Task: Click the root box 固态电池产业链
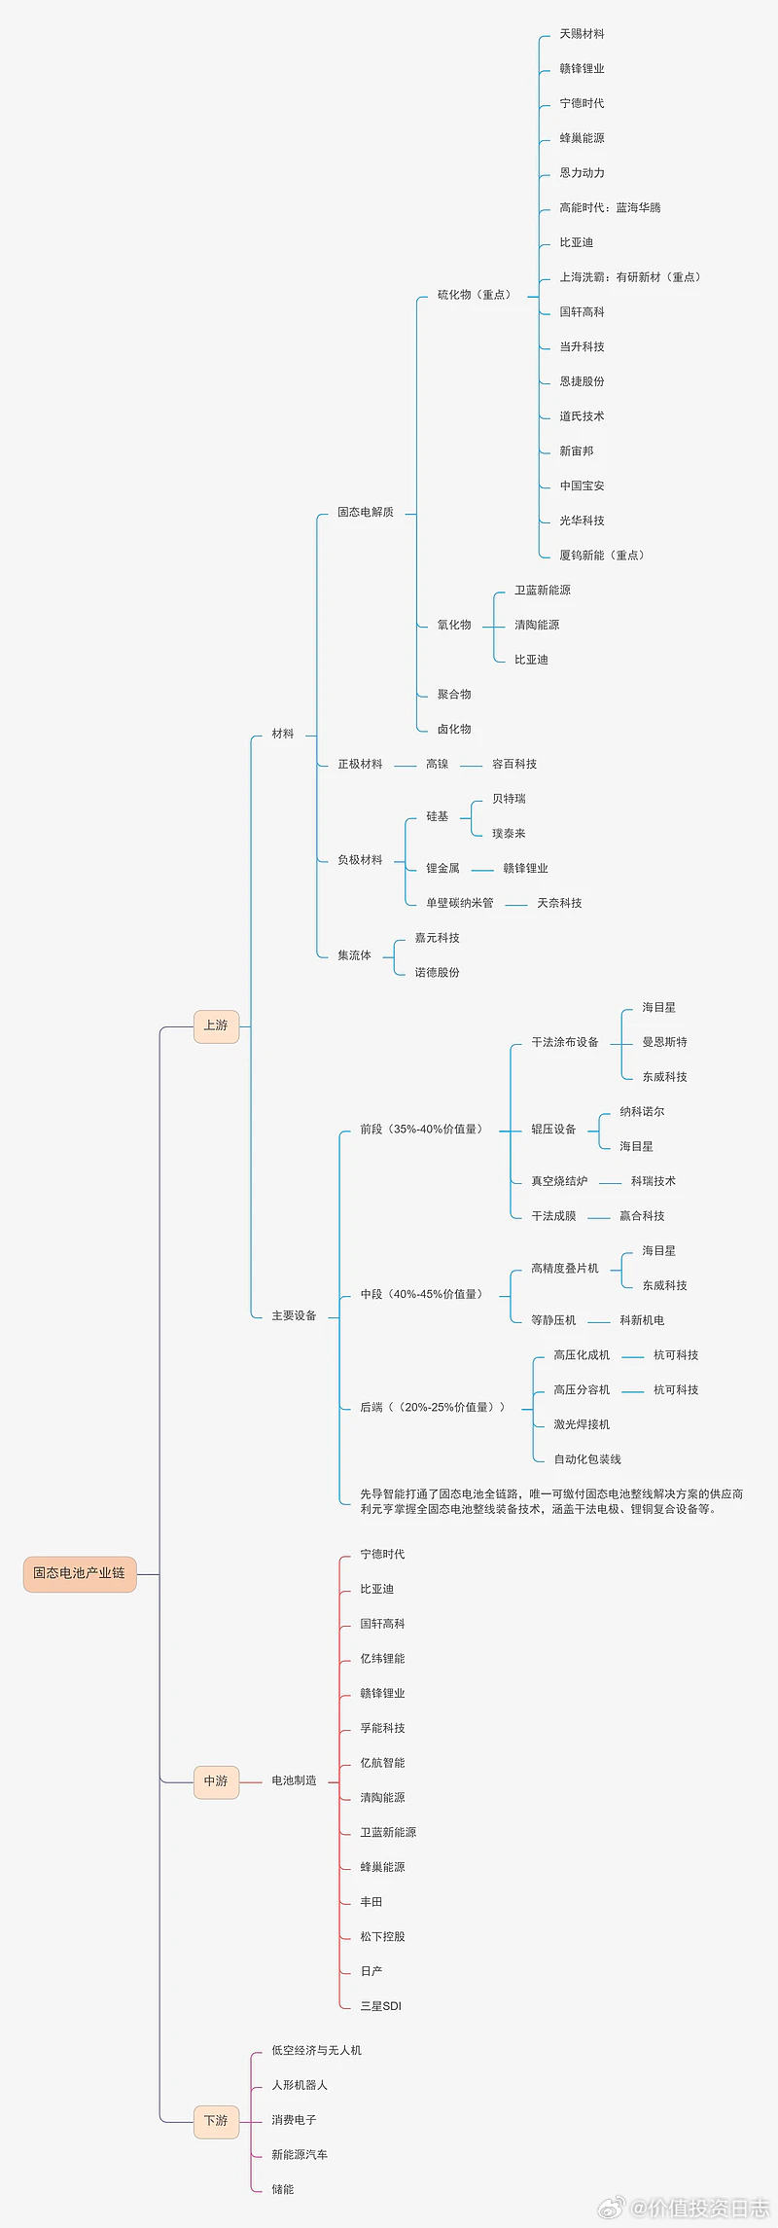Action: (x=80, y=1573)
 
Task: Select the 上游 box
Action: (x=216, y=1025)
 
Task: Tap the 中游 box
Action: (x=216, y=1780)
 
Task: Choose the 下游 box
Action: (x=216, y=2120)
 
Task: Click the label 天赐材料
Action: (x=582, y=34)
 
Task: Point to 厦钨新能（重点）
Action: (x=602, y=556)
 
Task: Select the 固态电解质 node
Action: (x=366, y=512)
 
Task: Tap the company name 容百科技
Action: (x=514, y=764)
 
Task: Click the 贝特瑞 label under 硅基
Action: (x=509, y=799)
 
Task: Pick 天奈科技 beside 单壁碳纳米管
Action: (x=559, y=903)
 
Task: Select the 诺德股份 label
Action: (x=437, y=972)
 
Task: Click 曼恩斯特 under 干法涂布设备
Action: (x=664, y=1042)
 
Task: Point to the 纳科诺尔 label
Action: (x=642, y=1111)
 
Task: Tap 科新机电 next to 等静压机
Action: (x=642, y=1320)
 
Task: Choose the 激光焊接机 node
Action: (x=582, y=1424)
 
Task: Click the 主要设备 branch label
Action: (x=294, y=1315)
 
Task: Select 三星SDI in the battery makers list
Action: (x=380, y=2005)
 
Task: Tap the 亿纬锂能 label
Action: (x=382, y=1658)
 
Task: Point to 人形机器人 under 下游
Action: (x=300, y=2085)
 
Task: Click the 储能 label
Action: (x=282, y=2189)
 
